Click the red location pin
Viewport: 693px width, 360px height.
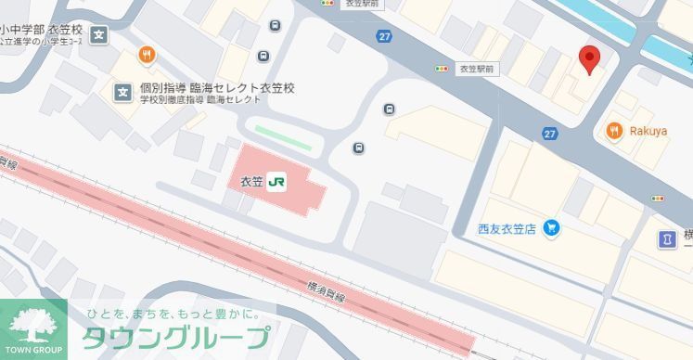click(588, 58)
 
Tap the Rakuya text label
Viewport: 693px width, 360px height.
click(649, 131)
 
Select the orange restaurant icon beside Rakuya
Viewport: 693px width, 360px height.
click(614, 131)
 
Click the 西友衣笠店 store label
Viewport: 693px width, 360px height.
click(507, 226)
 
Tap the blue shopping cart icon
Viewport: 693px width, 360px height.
click(551, 226)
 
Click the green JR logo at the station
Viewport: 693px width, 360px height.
click(277, 182)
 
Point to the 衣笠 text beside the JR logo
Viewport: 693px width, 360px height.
click(251, 182)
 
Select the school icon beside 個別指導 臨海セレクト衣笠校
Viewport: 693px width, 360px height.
click(122, 91)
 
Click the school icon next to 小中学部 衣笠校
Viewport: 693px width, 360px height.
click(100, 36)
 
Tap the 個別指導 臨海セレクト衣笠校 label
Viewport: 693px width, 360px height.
click(217, 87)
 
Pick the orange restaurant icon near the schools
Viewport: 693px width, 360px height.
click(147, 55)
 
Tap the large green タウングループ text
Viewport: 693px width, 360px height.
click(175, 337)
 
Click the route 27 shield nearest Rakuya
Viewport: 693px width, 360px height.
click(550, 135)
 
